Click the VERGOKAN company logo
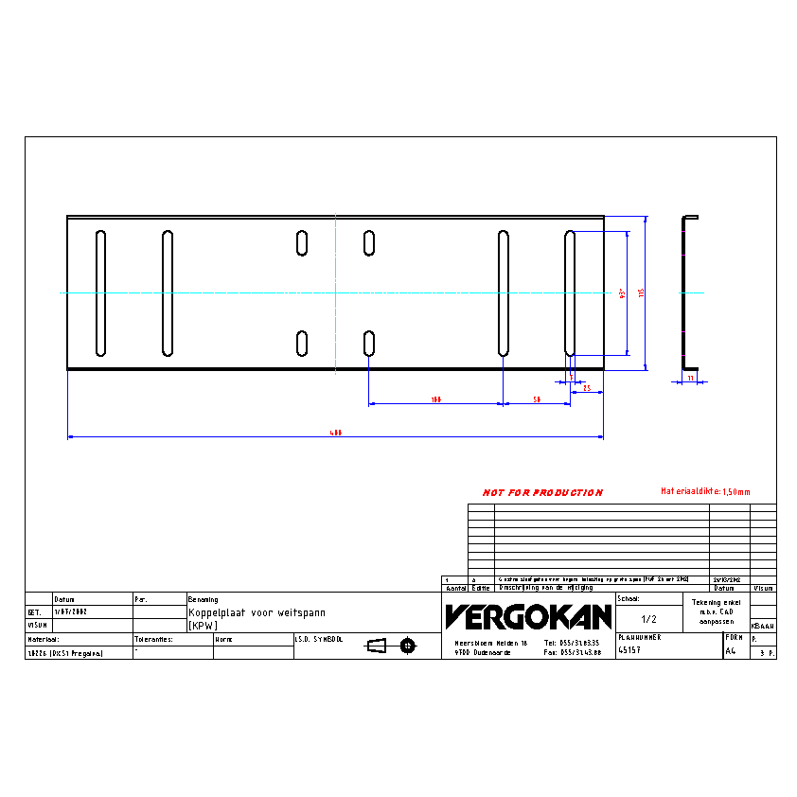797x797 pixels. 528,617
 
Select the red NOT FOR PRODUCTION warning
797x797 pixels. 542,493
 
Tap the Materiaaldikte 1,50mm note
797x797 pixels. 704,491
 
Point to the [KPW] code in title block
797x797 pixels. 203,627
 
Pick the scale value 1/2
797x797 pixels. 648,619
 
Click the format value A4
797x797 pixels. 730,651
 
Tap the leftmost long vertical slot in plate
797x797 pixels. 101,293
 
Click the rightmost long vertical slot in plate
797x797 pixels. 570,293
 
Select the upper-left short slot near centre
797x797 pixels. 302,243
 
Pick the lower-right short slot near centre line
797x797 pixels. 369,343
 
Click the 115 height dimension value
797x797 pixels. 641,292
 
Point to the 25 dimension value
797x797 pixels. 587,388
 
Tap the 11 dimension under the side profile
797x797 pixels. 690,378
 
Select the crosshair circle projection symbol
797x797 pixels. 408,646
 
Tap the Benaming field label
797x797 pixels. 204,599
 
